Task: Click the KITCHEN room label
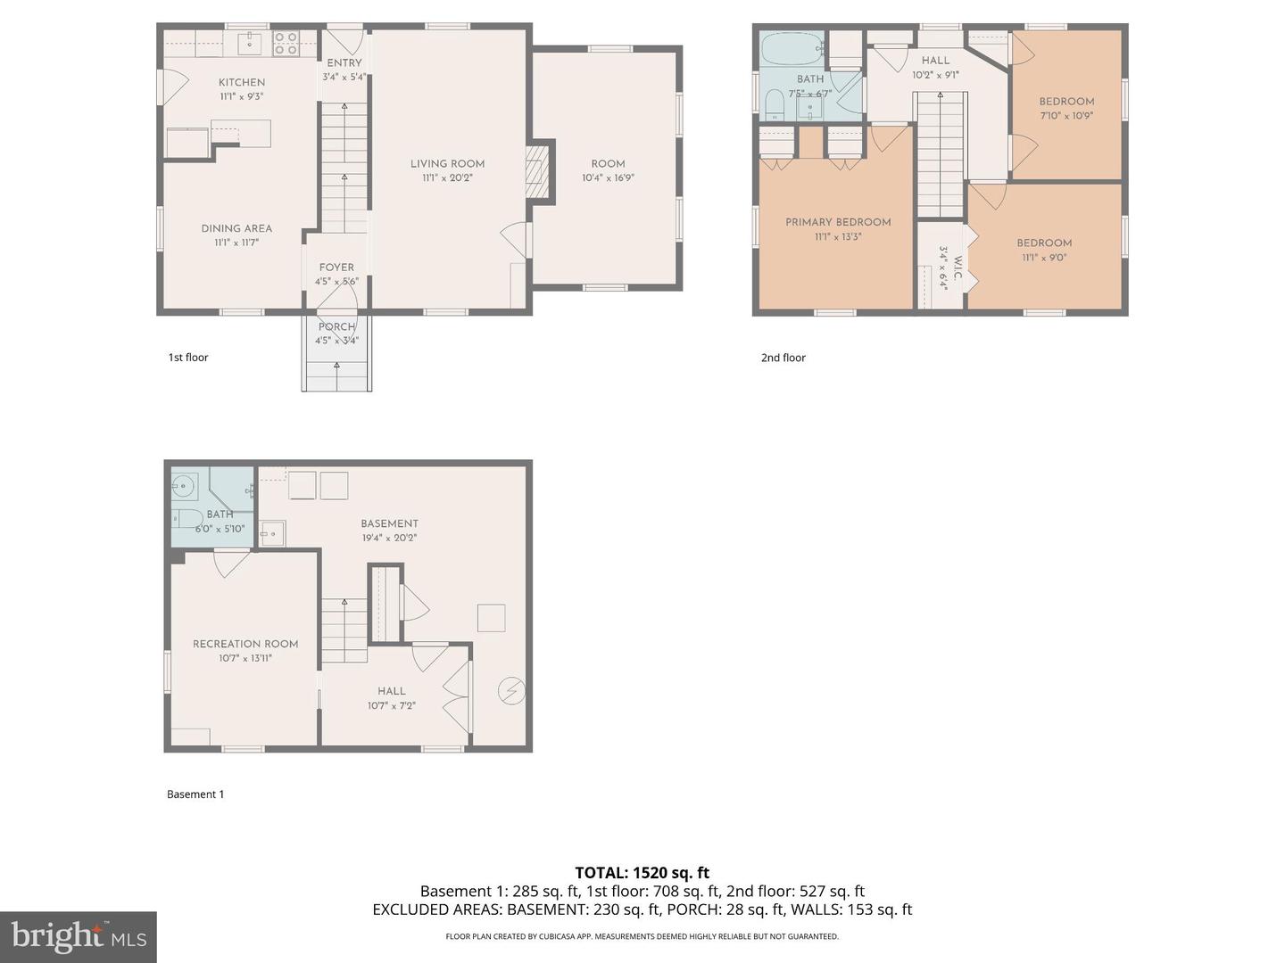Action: coord(242,82)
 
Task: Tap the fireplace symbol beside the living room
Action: coord(535,171)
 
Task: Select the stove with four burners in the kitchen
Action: coord(286,44)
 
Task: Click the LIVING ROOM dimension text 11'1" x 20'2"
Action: coord(447,178)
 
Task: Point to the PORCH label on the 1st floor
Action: coord(336,326)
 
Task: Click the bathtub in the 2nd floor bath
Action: coord(791,48)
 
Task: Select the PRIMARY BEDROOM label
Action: coord(838,222)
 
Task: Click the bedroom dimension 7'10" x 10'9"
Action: coord(1065,116)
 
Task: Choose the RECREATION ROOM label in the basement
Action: coord(245,644)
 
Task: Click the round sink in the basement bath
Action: coord(184,486)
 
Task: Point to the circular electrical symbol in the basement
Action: coord(511,691)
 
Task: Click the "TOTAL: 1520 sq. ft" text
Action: coord(642,873)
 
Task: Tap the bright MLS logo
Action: coord(79,936)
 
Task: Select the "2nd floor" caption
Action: coord(783,358)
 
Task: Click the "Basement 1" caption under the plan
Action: coord(195,794)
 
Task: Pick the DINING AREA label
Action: coord(236,228)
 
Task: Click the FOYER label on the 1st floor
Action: coord(336,267)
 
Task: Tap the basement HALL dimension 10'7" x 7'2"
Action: coord(391,705)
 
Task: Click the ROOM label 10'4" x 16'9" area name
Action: coord(608,163)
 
